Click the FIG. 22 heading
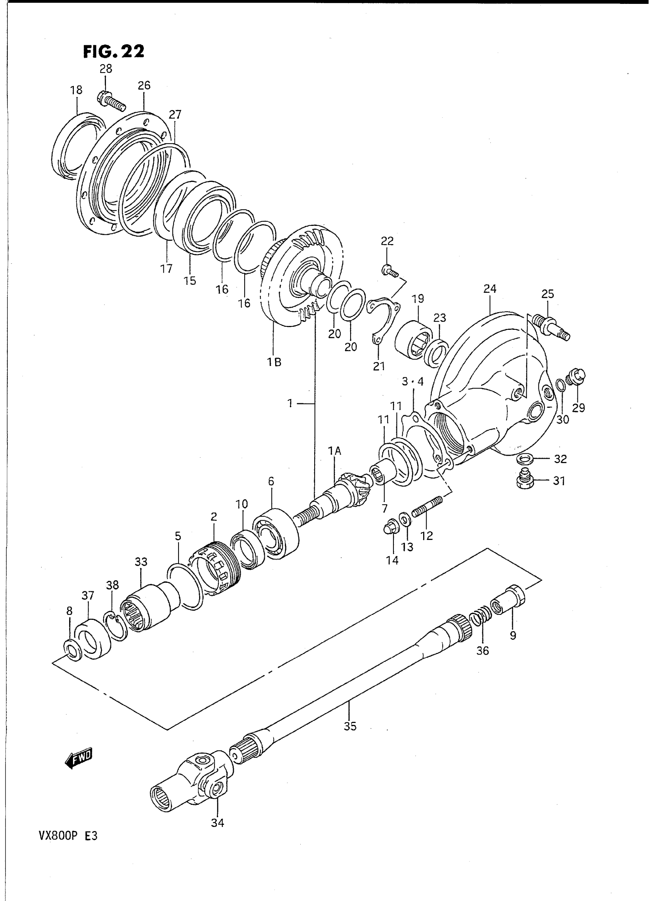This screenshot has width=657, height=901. coord(113,51)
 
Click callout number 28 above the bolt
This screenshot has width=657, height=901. coord(106,69)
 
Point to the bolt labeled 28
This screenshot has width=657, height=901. coord(111,101)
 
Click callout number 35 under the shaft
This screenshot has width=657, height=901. coord(350,726)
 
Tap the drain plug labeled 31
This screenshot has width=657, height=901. coord(526,480)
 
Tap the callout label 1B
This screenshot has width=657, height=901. coord(274,362)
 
